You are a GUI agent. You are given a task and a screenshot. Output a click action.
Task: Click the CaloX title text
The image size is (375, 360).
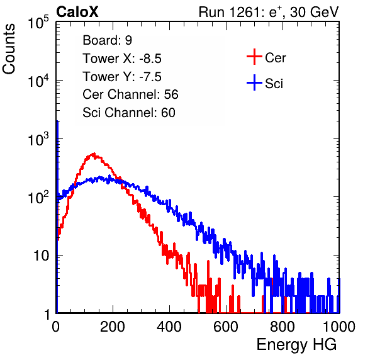[77, 12]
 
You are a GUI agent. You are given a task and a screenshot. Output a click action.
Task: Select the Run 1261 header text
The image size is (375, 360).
[269, 12]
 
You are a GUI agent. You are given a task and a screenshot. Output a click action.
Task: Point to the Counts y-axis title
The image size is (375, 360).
[9, 49]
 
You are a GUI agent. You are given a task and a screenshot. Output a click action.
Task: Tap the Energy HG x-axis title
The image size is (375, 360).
[296, 345]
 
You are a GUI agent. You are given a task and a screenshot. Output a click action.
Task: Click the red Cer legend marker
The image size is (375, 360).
[254, 57]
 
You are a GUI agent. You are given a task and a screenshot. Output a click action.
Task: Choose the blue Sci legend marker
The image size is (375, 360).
[254, 83]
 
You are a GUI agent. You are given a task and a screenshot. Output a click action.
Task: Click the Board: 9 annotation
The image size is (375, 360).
[107, 40]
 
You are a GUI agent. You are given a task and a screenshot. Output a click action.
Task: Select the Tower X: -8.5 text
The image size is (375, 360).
[122, 59]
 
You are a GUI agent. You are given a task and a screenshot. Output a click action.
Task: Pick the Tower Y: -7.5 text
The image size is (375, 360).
[122, 77]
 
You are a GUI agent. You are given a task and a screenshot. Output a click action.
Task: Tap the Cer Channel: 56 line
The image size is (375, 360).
[130, 94]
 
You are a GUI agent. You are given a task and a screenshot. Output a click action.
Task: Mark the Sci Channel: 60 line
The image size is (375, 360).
[129, 113]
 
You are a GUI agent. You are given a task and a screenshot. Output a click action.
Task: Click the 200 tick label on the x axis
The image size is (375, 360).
[113, 327]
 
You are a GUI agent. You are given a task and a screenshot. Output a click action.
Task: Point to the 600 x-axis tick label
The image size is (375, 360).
[226, 327]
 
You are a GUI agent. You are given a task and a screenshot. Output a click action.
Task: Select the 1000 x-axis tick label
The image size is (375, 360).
[339, 327]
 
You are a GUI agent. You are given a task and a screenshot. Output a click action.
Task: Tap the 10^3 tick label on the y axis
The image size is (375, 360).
[38, 139]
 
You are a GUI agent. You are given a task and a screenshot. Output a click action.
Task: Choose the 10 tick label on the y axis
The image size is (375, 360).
[41, 256]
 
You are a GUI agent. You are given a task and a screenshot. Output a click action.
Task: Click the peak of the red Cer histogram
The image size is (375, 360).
[94, 154]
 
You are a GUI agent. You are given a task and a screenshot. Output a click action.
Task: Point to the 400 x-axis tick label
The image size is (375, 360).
[169, 327]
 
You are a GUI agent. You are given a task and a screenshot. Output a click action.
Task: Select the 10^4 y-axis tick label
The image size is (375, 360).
[38, 81]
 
